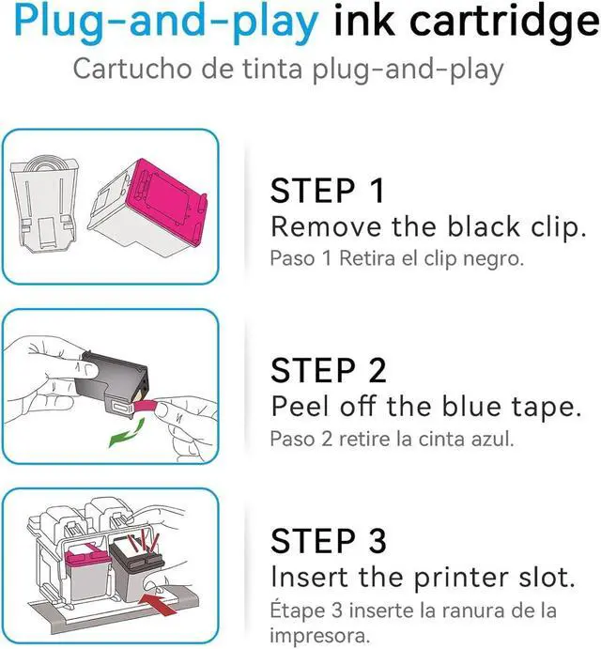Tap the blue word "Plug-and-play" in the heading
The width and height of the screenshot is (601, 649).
pyautogui.click(x=166, y=23)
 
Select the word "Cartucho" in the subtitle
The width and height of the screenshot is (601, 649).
pyautogui.click(x=132, y=69)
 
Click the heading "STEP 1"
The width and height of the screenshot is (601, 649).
pyautogui.click(x=328, y=191)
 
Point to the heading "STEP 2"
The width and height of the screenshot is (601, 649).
pyautogui.click(x=329, y=370)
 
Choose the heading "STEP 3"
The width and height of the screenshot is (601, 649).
pyautogui.click(x=329, y=541)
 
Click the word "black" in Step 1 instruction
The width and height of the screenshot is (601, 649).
pyautogui.click(x=484, y=226)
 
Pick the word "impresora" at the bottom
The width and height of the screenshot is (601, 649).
pyautogui.click(x=319, y=636)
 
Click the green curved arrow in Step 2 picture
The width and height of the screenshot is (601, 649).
pyautogui.click(x=127, y=433)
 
